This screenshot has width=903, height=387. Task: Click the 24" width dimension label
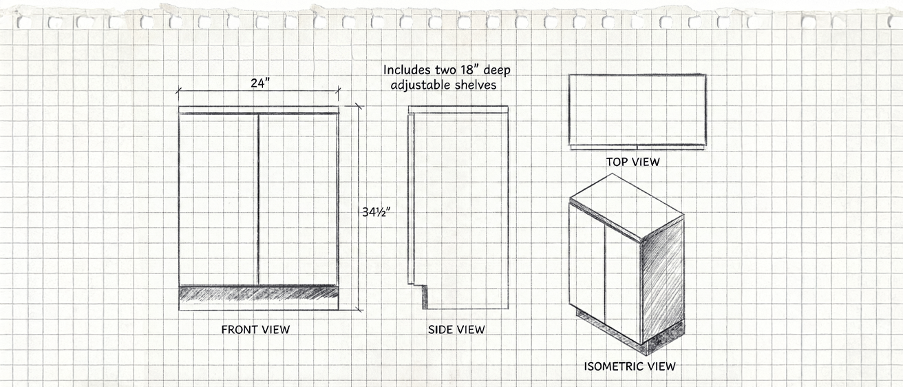pos(259,83)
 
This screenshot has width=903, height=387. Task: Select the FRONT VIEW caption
pos(255,330)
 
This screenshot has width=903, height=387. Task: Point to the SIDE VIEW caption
pos(456,330)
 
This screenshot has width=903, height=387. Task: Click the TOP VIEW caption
pos(633,162)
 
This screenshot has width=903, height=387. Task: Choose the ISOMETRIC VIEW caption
pos(630,366)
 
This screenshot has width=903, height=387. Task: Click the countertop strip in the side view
pos(458,110)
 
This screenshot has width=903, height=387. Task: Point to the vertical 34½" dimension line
pos(358,207)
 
